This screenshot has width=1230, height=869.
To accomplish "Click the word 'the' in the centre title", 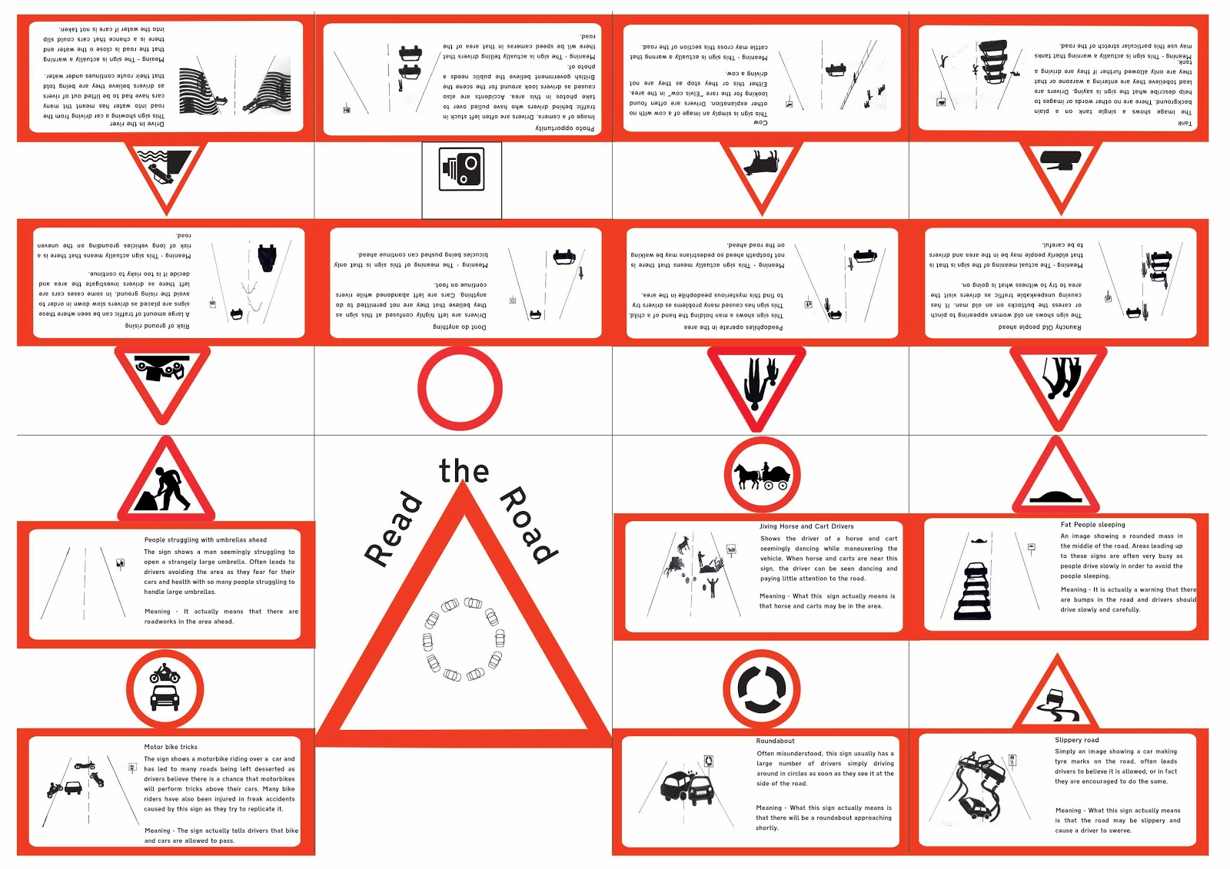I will (464, 471).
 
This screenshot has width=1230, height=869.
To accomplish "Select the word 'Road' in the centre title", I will (528, 525).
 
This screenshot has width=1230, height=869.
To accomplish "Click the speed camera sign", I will (461, 169).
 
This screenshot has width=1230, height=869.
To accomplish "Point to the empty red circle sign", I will (460, 388).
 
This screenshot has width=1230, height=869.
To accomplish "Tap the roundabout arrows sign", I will (762, 688).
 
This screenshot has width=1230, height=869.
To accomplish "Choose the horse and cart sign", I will (762, 476).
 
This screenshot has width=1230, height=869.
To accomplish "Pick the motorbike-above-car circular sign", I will (165, 688).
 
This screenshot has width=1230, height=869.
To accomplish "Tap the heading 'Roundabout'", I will (775, 741).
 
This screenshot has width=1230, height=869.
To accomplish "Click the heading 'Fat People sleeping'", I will (1092, 525).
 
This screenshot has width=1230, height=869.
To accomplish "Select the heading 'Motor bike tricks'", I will (171, 747).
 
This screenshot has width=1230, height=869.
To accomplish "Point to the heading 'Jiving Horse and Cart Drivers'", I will (806, 526).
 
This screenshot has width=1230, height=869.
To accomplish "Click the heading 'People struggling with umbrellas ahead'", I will (205, 540).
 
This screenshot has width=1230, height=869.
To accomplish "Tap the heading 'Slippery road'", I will (1076, 740).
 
